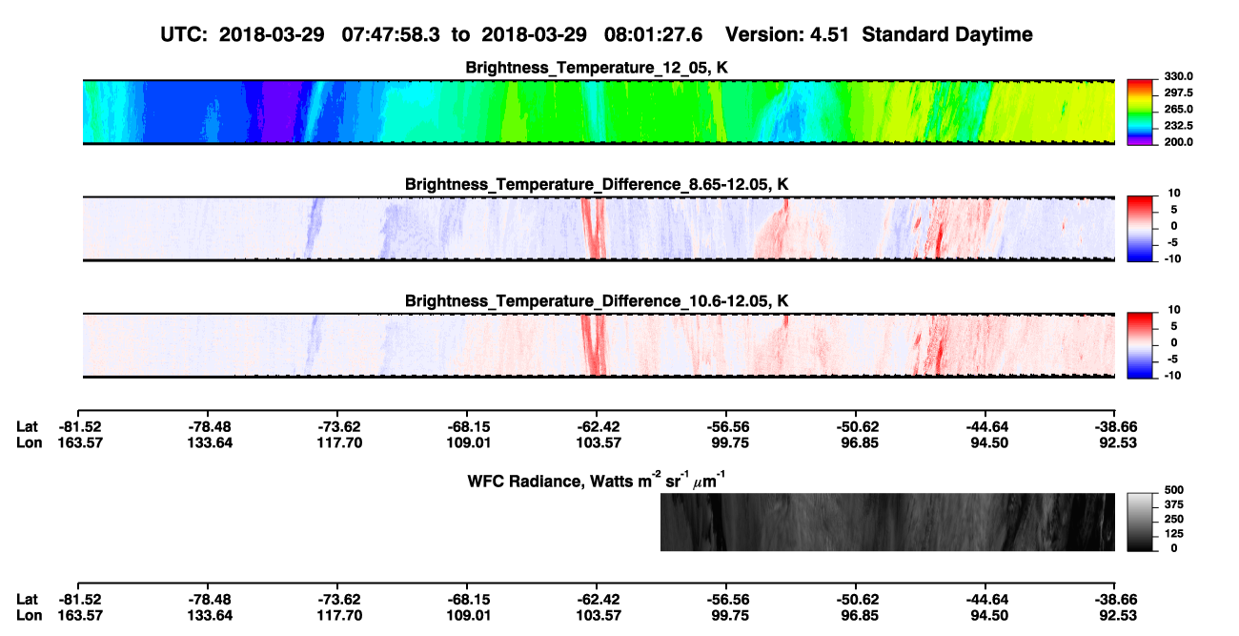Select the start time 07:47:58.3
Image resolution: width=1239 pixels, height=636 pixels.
tap(391, 35)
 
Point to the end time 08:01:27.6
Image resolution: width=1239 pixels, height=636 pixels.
tap(653, 35)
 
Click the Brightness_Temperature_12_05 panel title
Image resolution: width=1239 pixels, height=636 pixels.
tap(597, 68)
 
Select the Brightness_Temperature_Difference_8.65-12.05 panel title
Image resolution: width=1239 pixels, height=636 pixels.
tap(597, 184)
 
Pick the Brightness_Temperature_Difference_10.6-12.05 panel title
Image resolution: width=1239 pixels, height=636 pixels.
tap(597, 301)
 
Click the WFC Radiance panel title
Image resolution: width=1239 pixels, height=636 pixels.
tap(596, 481)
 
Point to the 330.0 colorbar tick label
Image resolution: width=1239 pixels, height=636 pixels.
tap(1178, 76)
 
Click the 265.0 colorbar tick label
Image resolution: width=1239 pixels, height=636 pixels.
tap(1178, 109)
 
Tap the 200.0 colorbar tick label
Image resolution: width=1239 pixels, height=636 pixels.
tap(1178, 142)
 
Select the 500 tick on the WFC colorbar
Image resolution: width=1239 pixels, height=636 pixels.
tap(1174, 490)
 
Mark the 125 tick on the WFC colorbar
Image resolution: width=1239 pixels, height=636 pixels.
tap(1174, 534)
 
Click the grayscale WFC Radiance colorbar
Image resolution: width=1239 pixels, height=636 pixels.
tap(1140, 522)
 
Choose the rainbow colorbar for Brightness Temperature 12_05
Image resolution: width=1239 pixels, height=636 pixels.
tap(1140, 113)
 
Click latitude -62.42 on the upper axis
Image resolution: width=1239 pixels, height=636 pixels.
tap(598, 427)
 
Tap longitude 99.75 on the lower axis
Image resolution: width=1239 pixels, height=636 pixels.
tap(730, 616)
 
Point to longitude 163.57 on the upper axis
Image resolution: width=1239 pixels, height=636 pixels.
tap(80, 442)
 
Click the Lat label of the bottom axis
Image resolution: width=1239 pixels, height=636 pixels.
tap(27, 600)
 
